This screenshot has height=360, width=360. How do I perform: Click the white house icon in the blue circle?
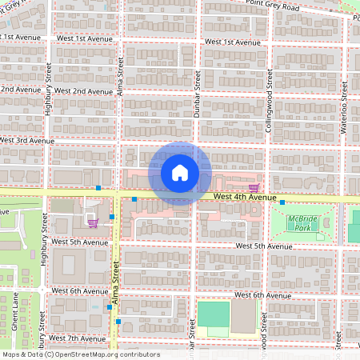[180, 172]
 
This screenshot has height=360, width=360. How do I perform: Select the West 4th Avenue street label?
[245, 197]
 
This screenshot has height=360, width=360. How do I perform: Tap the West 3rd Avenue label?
[26, 140]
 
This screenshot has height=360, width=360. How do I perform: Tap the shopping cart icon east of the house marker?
[254, 186]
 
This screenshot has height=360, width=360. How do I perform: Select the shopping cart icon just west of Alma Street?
[93, 223]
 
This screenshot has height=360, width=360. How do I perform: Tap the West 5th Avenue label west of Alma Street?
[78, 241]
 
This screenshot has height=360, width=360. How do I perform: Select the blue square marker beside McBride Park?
[282, 203]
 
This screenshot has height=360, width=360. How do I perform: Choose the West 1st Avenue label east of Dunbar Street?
[232, 42]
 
